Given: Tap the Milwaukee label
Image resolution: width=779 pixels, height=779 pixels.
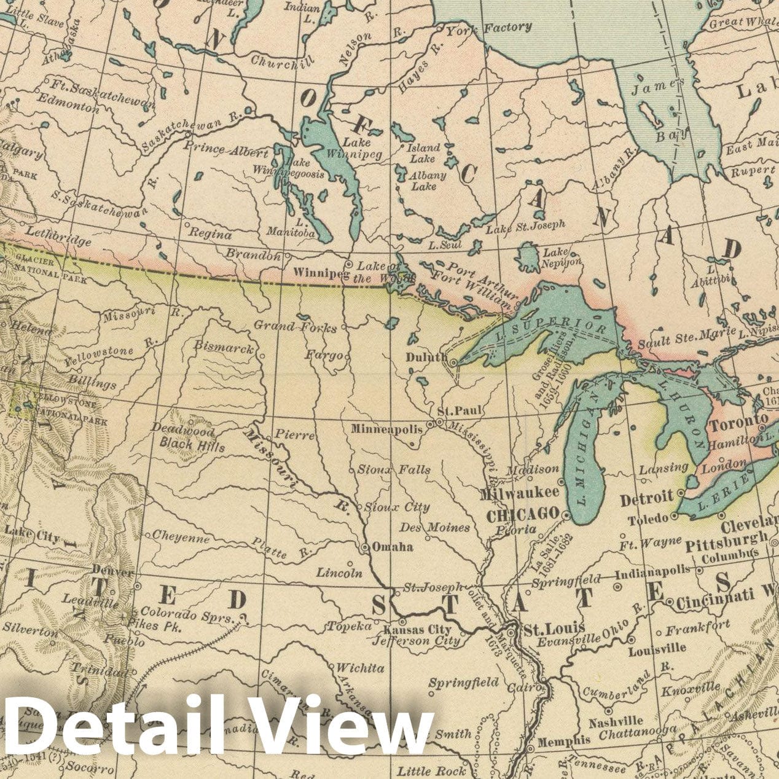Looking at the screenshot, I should (x=519, y=493).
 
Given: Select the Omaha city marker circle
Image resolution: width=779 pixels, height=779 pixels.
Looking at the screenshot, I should (x=365, y=547).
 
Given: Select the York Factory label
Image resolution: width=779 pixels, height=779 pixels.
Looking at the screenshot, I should (x=488, y=28).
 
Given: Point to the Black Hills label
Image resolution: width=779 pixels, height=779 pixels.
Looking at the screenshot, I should (x=192, y=445).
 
